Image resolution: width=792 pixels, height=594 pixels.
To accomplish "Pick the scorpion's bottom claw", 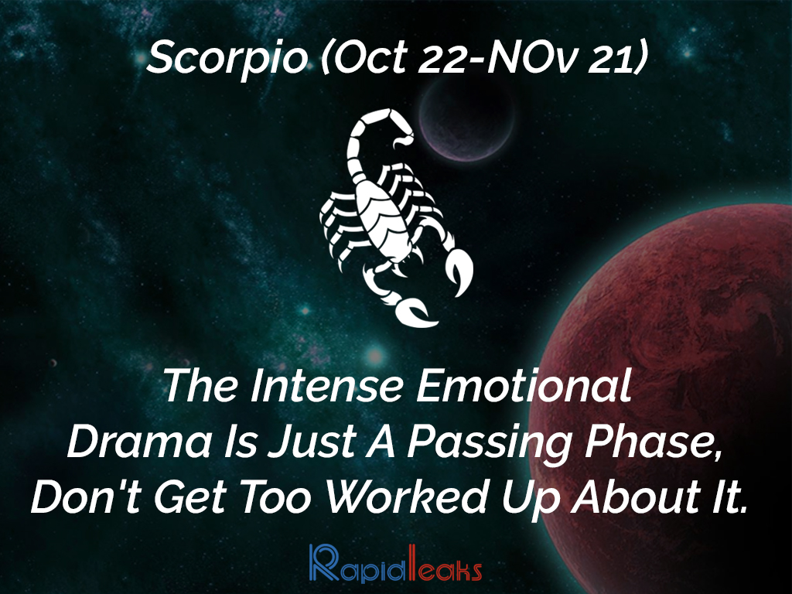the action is point(415,312).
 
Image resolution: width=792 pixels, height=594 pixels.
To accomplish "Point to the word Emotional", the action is point(524,387).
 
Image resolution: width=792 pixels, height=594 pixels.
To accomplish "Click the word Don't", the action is point(85,497).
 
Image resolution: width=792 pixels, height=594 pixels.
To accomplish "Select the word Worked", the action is point(407,497).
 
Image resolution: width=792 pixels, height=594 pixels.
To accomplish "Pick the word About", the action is point(630,497).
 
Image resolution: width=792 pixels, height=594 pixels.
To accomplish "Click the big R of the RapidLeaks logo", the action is point(321,562).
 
